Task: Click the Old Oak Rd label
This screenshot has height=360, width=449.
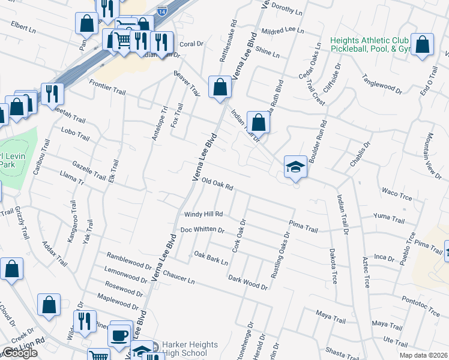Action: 217,184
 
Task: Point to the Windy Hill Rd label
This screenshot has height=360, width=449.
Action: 203,214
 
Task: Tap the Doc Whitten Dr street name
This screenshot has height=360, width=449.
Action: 202,230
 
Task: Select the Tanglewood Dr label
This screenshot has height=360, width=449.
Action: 382,85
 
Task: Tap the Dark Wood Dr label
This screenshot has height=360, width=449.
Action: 248,282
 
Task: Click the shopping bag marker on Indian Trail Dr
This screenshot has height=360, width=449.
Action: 258,123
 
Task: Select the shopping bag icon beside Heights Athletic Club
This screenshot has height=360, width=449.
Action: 423,44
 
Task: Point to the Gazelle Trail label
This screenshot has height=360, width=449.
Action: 89,170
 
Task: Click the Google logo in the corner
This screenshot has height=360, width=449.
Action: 20,353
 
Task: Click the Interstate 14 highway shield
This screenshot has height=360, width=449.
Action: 161,10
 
